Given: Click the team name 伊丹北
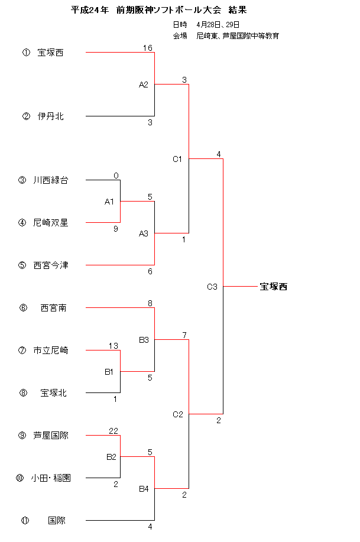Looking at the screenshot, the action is point(50,116).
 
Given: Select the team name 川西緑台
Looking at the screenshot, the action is point(51,180).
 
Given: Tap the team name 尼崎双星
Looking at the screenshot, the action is point(51,223).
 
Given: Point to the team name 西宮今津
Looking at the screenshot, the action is point(51,265).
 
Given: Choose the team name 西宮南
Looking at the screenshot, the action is point(54,307).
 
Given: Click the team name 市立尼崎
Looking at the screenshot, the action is point(51,350).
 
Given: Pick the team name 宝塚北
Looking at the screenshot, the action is point(54,393).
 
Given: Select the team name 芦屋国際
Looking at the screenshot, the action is point(51,436).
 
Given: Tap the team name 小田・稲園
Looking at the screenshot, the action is point(51,478).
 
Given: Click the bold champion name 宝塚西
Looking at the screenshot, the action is point(274,287).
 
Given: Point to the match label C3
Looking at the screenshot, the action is point(212,287).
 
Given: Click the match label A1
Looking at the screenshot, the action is point(109,202).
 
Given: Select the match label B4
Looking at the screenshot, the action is point(144,489).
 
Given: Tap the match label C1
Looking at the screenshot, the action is point(177,160).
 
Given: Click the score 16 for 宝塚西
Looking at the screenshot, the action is point(148,48).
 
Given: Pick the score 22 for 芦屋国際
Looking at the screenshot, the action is point(113,431).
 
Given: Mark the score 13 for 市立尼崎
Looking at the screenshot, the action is point(113,346).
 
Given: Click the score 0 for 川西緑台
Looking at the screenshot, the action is point(116,176).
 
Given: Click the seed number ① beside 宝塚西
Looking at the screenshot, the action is point(26,53).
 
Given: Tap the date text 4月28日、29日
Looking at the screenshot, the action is point(218,25).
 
